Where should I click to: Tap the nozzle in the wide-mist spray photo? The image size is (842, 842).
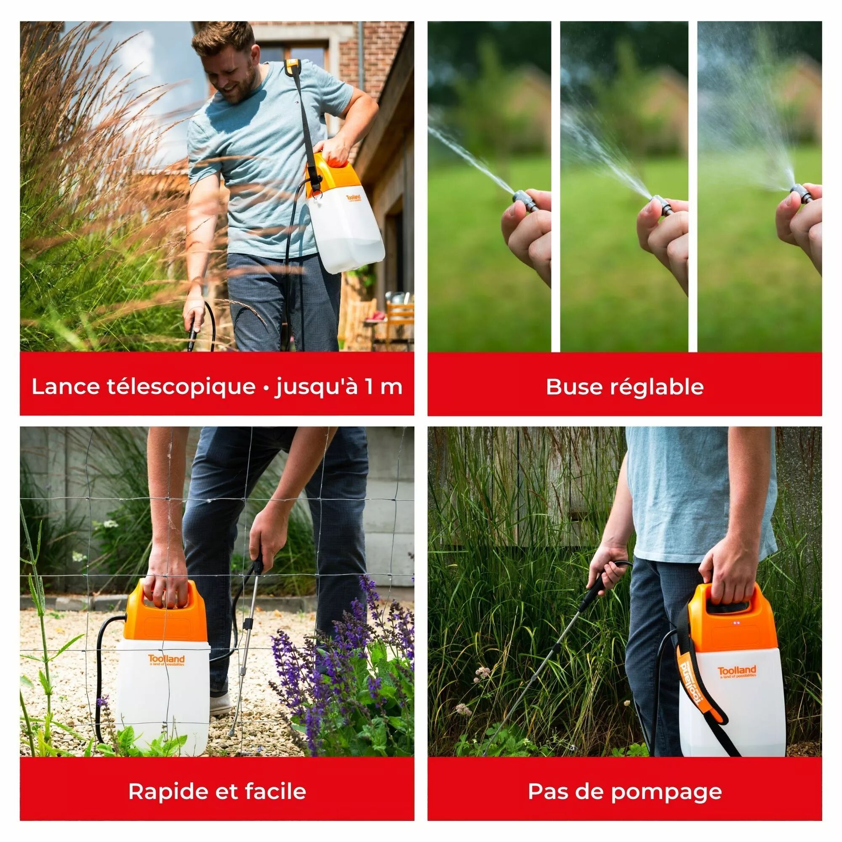(x=801, y=194)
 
